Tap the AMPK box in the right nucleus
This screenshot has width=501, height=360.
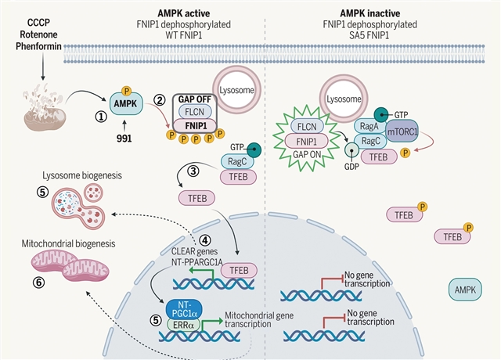(x=468, y=291)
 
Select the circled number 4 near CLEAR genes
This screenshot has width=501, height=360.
(x=205, y=239)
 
